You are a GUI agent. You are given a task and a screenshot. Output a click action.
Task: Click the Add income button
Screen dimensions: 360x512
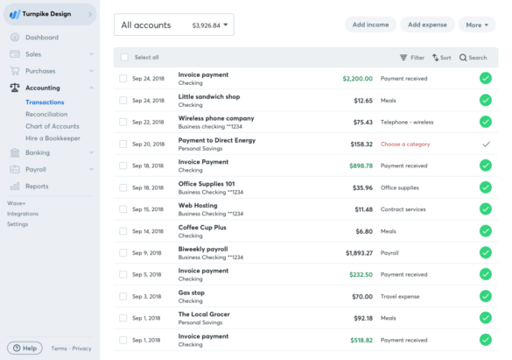(370, 25)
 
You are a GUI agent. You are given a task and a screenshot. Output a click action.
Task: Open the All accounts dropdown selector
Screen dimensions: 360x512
(174, 26)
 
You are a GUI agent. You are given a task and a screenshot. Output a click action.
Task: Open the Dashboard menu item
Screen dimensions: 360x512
(42, 38)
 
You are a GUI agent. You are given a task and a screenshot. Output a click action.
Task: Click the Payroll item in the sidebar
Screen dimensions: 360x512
(37, 169)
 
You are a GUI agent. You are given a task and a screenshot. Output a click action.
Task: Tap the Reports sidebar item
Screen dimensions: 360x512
(37, 186)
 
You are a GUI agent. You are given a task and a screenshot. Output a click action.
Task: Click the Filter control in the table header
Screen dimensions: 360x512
(412, 58)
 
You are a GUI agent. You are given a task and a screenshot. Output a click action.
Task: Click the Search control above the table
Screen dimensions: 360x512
(473, 58)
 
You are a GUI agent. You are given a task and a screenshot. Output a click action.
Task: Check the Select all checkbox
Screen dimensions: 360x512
(124, 58)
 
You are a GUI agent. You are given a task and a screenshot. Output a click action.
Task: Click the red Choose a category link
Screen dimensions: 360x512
(404, 144)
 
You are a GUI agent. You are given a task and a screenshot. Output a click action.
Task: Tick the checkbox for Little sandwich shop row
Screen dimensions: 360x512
(123, 100)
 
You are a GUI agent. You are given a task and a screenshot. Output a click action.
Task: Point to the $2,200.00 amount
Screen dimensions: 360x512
(354, 78)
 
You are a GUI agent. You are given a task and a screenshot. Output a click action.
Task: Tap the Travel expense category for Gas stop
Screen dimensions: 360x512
(402, 296)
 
